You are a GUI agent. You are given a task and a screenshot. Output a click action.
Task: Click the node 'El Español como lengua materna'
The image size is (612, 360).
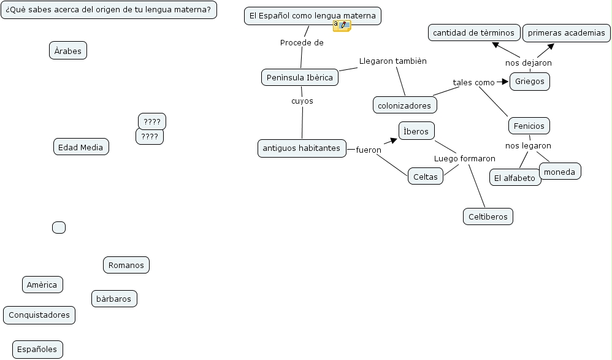pos(313,16)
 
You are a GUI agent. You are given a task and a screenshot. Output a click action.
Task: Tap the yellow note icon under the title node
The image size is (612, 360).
pos(342,26)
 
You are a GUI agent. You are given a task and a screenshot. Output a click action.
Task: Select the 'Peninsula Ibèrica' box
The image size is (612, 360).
pos(300,77)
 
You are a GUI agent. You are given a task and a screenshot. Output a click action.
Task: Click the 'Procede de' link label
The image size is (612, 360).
pos(302,43)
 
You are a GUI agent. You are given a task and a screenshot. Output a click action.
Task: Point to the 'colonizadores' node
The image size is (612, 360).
pos(405,105)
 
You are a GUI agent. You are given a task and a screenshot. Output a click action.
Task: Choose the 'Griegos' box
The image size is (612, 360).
pos(530,81)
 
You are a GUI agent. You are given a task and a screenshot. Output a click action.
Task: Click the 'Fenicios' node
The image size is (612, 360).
pos(529,126)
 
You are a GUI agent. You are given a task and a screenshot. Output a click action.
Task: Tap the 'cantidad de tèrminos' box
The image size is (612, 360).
pos(474,33)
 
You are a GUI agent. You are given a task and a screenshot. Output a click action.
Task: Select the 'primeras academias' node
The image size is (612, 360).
pos(566,33)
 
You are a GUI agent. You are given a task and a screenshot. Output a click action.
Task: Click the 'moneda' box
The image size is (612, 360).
pos(559,172)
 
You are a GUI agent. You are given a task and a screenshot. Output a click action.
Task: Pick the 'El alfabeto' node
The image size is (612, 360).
pos(515,178)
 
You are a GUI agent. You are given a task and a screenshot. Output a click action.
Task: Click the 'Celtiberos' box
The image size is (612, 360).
pos(488,216)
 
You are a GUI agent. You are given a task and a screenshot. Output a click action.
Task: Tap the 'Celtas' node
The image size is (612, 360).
pos(426,177)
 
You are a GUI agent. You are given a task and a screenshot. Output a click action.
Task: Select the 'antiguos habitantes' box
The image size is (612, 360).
pos(302,148)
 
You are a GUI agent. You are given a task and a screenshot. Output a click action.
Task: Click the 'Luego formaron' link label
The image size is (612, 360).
pos(464,159)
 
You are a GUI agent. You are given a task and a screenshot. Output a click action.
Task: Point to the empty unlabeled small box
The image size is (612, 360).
pos(59,228)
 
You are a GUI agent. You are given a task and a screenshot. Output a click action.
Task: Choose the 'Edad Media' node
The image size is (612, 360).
pos(81,147)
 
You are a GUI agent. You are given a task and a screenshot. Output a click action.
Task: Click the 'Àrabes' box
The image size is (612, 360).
pos(68,51)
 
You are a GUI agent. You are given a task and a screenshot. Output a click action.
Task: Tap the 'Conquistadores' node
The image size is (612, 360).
pos(39,315)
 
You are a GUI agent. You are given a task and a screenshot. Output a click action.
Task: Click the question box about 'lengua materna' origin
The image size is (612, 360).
pos(109,10)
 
